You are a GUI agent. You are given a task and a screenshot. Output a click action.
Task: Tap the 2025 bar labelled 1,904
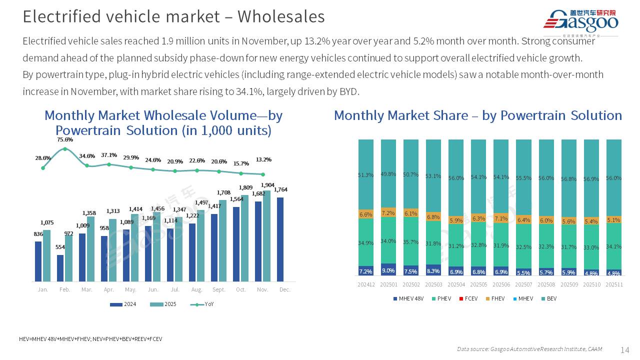click(x=266, y=235)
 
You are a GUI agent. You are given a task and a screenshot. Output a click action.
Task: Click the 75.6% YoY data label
click(x=65, y=139)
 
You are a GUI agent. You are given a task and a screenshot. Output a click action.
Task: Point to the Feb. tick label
click(x=64, y=289)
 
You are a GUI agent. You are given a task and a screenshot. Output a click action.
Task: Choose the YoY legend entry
click(x=202, y=304)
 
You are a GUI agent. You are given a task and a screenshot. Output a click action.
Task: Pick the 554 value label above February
click(x=60, y=247)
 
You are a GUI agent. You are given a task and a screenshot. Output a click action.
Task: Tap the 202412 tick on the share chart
click(x=366, y=284)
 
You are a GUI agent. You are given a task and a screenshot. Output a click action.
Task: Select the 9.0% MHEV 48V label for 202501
click(x=388, y=270)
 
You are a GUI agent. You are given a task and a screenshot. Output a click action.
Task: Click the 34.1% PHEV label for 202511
click(x=613, y=246)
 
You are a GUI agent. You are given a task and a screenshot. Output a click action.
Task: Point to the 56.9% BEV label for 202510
click(x=591, y=179)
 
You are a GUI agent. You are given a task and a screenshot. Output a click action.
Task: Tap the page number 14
click(x=624, y=349)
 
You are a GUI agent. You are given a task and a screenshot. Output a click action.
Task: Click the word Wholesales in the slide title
click(x=281, y=16)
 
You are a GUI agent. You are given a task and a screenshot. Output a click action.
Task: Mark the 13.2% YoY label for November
click(x=263, y=160)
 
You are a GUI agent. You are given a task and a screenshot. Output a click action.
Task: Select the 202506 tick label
click(x=501, y=284)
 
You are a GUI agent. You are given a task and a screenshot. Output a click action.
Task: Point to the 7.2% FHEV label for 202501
click(x=388, y=213)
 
